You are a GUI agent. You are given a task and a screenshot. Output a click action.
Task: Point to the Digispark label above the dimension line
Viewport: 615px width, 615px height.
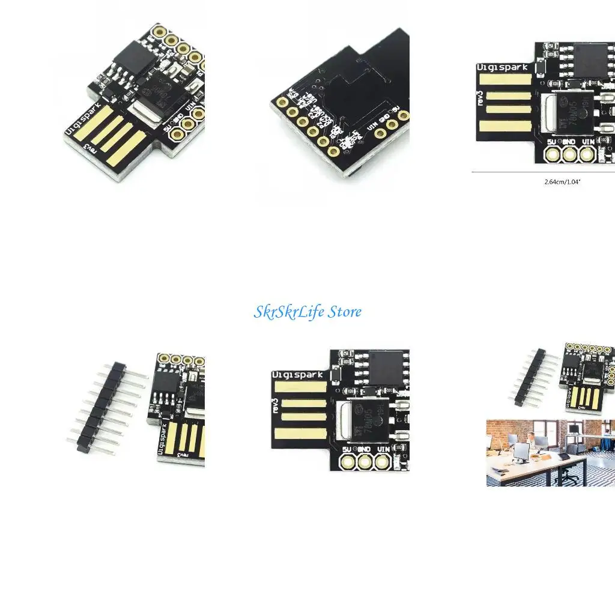coord(503,68)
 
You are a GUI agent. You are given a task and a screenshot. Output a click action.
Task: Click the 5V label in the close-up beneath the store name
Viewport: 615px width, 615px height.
coord(347,449)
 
